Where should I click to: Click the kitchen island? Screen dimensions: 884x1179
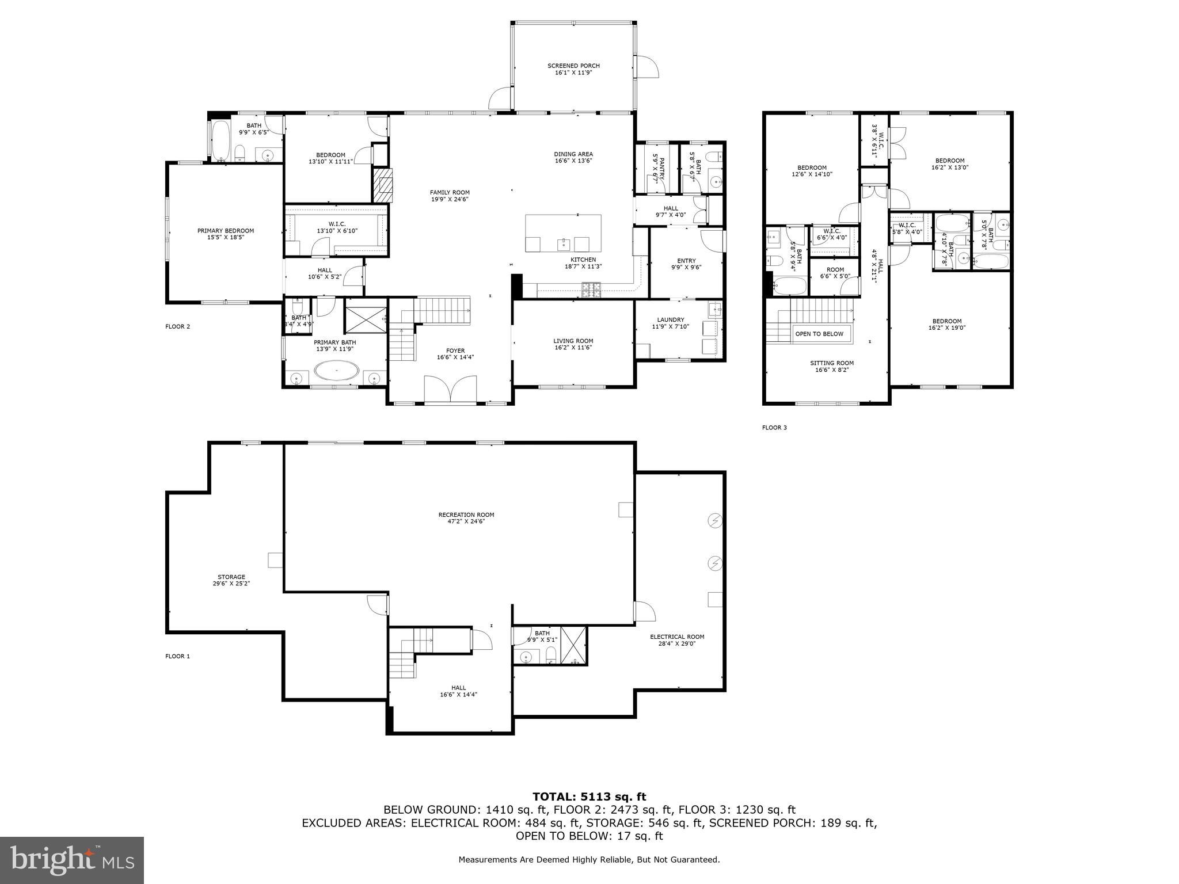[x=563, y=233]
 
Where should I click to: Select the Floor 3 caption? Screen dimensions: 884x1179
[x=774, y=428]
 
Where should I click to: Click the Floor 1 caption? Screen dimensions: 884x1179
[x=177, y=656]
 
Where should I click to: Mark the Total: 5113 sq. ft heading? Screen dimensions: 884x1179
[x=589, y=797]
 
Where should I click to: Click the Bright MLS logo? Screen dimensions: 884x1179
[x=72, y=860]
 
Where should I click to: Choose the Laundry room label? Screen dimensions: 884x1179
[x=671, y=320]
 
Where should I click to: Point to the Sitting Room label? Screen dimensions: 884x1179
[x=832, y=363]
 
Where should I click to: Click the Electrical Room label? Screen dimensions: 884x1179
[x=677, y=637]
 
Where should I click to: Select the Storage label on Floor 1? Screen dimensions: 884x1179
[x=231, y=577]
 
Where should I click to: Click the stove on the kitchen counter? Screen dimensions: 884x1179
[x=591, y=290]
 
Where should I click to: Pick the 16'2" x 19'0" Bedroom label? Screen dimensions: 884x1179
[x=947, y=321]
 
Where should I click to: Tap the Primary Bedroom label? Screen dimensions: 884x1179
[x=226, y=231]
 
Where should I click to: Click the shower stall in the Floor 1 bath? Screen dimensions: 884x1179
[x=574, y=645]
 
